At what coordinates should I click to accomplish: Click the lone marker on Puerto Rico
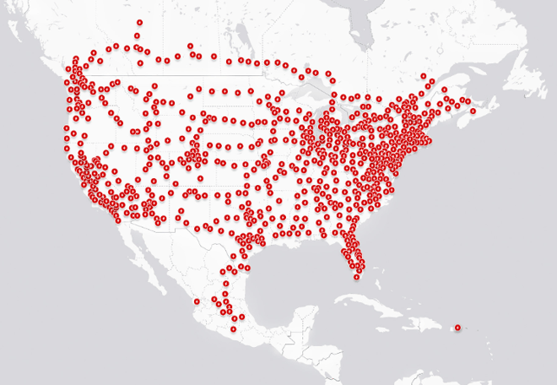point(457,327)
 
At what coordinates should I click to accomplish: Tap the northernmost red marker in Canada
point(139,23)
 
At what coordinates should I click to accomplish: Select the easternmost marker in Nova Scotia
point(473,111)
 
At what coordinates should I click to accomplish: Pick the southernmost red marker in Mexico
point(234,328)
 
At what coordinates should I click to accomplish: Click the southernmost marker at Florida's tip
point(356,276)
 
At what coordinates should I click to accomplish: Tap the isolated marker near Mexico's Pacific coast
point(197,300)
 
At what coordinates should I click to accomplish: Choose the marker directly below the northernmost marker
point(137,35)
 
